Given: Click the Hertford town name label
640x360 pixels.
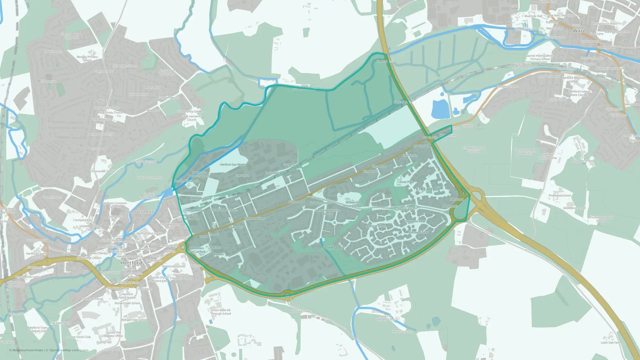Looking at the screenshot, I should (131, 263).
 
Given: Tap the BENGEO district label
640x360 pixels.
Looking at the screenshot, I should (101, 101).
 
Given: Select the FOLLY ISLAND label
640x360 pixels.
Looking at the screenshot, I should (139, 212).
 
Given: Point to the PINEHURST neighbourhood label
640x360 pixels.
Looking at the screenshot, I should (428, 189).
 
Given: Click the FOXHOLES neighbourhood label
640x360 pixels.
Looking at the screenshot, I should (333, 248).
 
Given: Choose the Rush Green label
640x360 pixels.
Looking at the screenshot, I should (465, 253).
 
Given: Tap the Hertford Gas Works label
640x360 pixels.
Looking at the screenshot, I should (233, 164).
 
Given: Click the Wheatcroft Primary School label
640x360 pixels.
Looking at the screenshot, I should (353, 204).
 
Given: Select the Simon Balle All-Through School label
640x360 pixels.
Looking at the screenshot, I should (221, 312).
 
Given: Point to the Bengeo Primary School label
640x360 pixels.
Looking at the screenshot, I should (87, 59).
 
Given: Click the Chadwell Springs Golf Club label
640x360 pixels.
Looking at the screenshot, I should (474, 149).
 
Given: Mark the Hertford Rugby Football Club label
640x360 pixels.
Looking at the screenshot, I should (525, 152).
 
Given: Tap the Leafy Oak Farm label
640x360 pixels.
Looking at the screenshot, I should (611, 342).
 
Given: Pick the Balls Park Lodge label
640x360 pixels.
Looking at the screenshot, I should (300, 311).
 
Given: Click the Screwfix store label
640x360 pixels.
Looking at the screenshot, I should (288, 164).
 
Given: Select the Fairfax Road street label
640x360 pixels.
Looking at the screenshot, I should (296, 202).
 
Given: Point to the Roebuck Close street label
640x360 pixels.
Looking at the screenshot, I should (376, 226).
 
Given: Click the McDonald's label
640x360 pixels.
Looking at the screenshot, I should (451, 206).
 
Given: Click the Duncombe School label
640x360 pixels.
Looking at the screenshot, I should (103, 171).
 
